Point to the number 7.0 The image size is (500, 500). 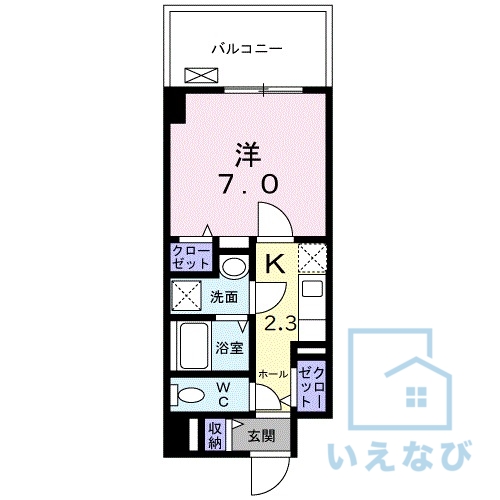click(x=248, y=184)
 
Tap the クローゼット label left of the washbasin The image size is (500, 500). click(x=191, y=257)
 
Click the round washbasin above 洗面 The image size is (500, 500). click(x=234, y=267)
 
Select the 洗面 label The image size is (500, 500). click(x=224, y=297)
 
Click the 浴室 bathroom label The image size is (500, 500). click(x=230, y=348)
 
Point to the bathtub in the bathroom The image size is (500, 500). click(x=190, y=346)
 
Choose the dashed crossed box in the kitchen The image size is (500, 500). click(x=312, y=257)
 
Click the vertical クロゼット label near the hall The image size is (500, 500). click(x=311, y=385)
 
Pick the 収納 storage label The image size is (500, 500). click(x=214, y=435)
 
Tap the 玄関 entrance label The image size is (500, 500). click(x=260, y=436)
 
